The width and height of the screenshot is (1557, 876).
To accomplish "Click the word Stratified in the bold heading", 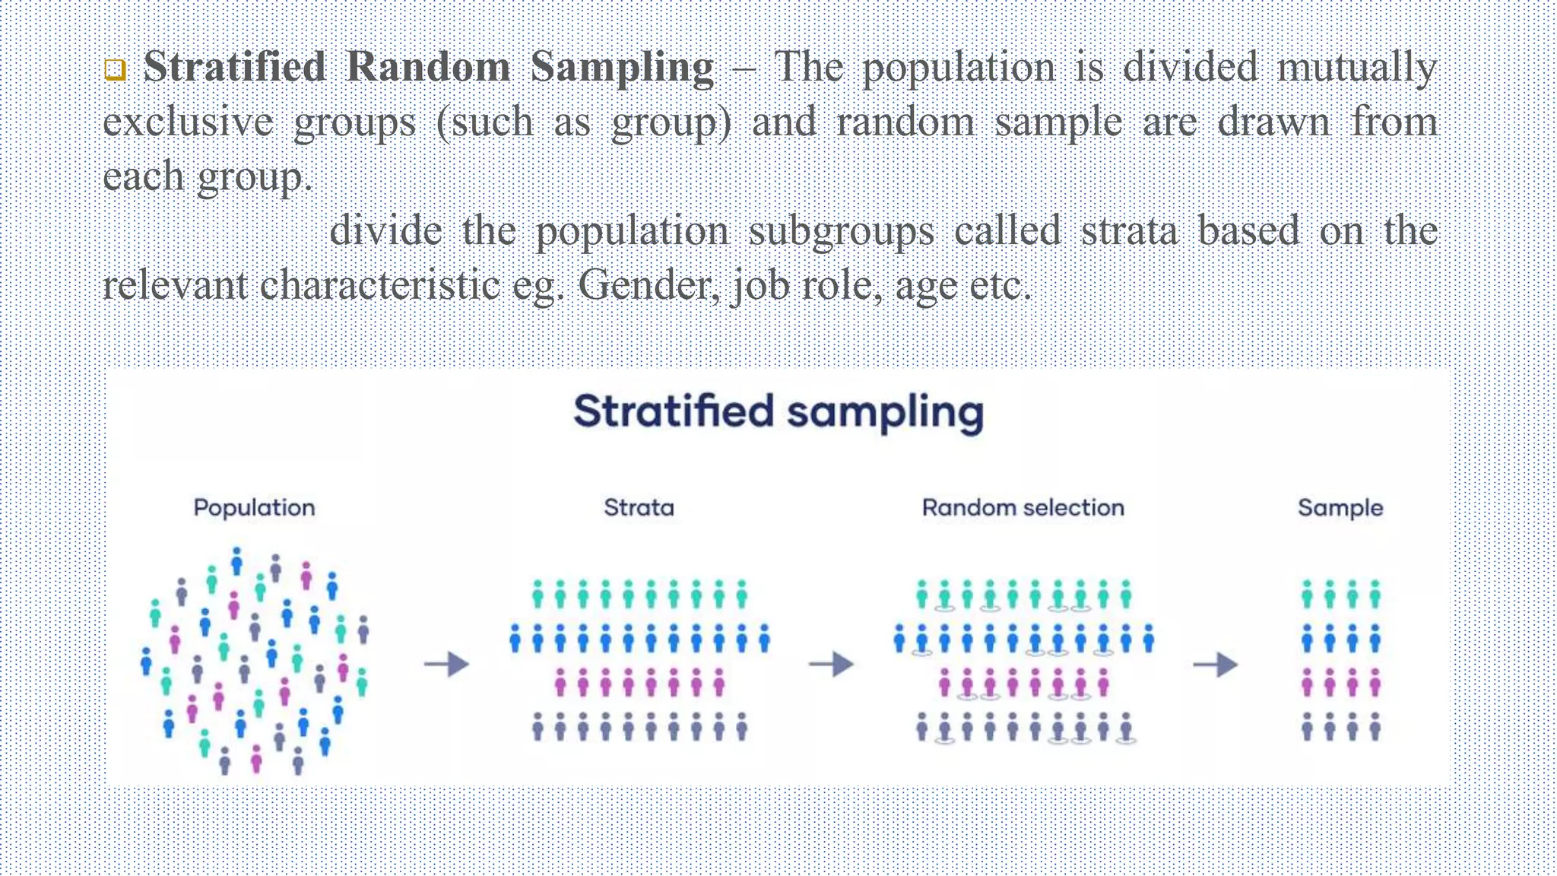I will tap(234, 67).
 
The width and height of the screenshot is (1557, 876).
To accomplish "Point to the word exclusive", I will tap(188, 122).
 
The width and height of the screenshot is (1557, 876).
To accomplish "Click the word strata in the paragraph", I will tap(1128, 231).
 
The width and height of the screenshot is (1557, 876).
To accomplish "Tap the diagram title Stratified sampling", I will tap(778, 412).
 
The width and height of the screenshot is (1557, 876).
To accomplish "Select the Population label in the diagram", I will tap(254, 508).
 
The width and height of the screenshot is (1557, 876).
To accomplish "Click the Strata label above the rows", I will tap(639, 508).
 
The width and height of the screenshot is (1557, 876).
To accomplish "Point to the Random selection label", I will tap(1023, 508).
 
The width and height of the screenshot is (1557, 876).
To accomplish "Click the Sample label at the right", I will tap(1340, 508).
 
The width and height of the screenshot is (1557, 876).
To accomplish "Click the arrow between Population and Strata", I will tap(447, 665).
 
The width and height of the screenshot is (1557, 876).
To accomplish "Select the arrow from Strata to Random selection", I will tap(831, 665).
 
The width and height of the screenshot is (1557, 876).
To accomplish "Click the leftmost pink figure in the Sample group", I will tap(1307, 683).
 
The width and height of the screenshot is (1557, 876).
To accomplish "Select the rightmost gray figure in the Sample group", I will tap(1375, 727).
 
